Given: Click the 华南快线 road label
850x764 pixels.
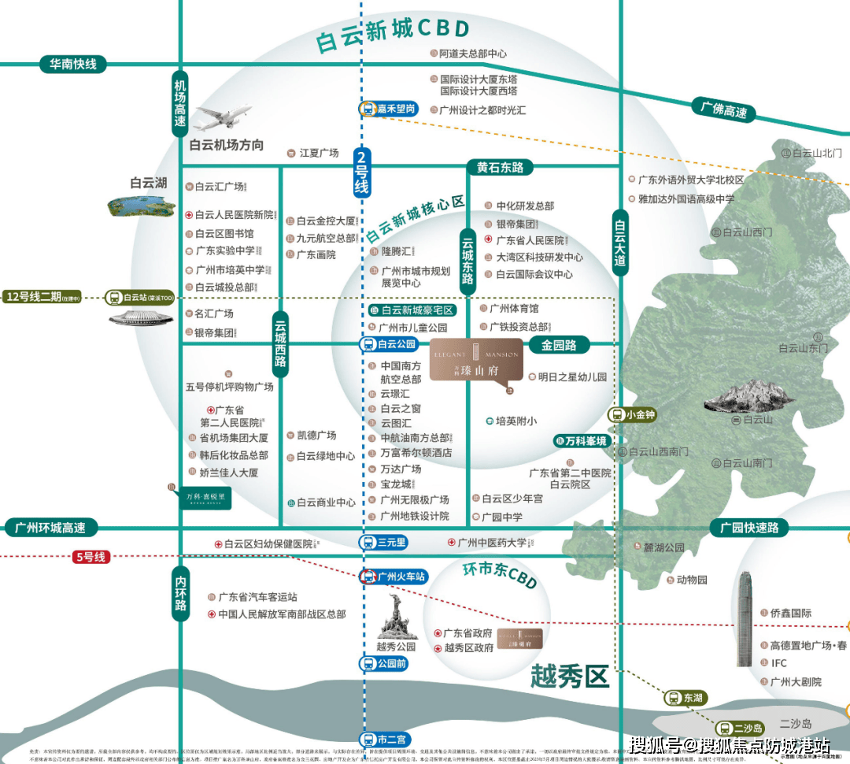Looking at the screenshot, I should [x=73, y=64].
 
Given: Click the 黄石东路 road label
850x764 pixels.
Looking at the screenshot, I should [x=500, y=167].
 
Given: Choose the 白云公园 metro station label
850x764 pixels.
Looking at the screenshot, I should [x=388, y=344].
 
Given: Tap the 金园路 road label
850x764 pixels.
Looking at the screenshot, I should [x=559, y=345].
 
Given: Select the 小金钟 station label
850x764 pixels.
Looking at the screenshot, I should [x=632, y=414].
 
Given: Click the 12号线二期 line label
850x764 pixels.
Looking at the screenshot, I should [x=42, y=297].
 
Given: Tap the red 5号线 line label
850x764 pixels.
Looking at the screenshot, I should [x=91, y=556].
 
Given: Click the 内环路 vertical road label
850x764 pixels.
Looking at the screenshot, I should [x=181, y=594].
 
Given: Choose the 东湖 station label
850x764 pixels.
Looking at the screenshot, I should [x=685, y=698].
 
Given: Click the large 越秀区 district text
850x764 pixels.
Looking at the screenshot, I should [x=570, y=676].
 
